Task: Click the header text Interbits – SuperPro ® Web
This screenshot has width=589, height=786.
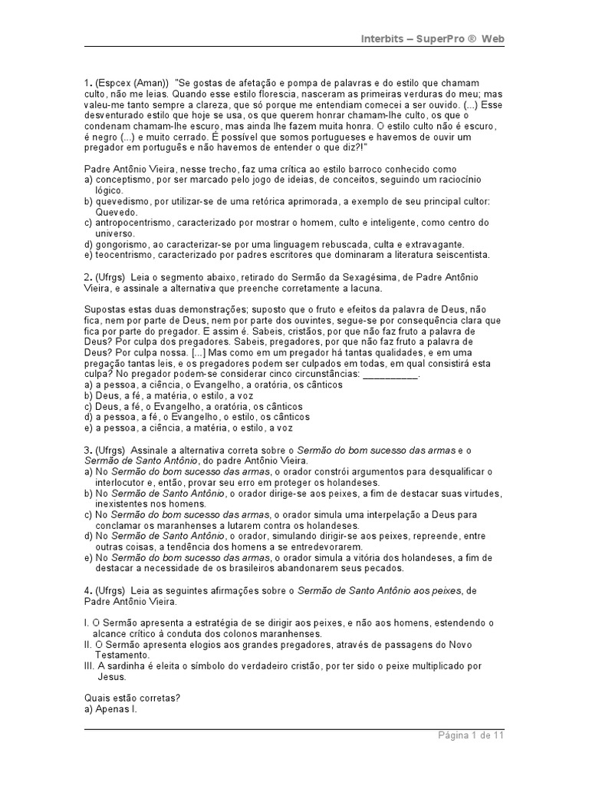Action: tap(433, 39)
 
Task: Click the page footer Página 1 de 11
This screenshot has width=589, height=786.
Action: tap(471, 735)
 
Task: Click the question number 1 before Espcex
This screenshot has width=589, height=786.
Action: tap(87, 82)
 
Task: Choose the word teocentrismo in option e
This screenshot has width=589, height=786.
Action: tap(126, 255)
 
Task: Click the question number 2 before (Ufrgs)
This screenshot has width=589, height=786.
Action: tap(87, 277)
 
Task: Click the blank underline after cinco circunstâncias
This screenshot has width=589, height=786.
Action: tap(390, 375)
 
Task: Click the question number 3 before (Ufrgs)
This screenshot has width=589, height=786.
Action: tap(87, 450)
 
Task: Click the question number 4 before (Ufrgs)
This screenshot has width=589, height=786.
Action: tap(87, 590)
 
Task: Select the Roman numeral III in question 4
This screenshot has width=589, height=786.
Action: tap(88, 666)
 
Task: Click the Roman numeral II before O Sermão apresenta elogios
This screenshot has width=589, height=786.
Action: tap(87, 645)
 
